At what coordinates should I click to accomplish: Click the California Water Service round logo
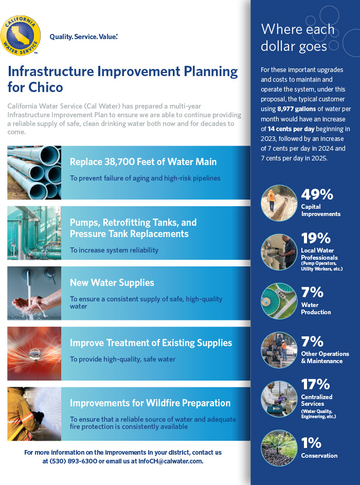21,35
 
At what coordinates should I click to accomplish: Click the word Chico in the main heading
46,87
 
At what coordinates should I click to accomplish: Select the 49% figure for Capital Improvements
317,194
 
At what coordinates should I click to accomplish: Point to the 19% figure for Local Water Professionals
316,238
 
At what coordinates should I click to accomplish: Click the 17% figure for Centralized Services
315,385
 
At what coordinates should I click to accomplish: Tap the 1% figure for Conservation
311,443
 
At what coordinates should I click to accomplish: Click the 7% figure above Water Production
312,292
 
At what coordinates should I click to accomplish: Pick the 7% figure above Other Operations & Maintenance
312,342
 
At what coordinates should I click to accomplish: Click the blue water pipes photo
34,173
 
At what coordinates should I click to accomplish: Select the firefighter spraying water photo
34,414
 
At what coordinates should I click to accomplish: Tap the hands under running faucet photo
34,293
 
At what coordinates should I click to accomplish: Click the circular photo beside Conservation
279,448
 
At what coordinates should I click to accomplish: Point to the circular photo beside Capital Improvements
279,203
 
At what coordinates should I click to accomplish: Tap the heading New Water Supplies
112,283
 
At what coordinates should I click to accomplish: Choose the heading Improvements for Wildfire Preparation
150,403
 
